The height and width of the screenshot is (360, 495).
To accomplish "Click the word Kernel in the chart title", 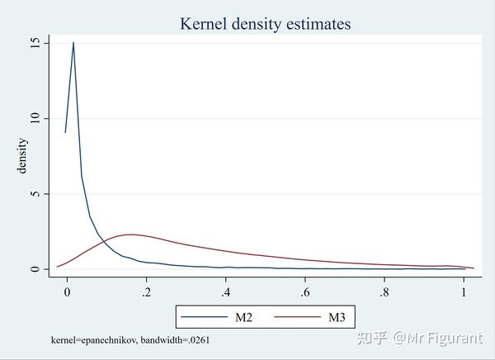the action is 203,24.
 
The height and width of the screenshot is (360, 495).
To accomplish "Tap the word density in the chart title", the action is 256,24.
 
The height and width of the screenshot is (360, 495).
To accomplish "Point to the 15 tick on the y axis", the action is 35,43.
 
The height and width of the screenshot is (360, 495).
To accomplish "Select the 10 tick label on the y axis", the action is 35,119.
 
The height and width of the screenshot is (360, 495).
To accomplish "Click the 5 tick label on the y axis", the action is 35,194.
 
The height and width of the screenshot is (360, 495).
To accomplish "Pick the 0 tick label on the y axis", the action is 35,269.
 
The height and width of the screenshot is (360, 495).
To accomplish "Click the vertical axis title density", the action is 22,156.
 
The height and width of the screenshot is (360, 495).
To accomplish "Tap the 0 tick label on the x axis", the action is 67,292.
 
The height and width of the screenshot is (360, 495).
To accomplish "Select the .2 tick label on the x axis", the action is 146,292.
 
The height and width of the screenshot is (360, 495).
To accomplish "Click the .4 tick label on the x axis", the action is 225,292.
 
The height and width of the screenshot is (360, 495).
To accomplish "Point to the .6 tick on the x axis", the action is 305,292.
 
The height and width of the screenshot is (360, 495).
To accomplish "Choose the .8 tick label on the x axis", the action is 384,292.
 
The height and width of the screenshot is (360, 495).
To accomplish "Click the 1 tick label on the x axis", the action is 464,292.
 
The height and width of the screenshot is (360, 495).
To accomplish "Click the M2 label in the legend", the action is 243,317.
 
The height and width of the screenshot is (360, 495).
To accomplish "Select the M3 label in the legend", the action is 337,317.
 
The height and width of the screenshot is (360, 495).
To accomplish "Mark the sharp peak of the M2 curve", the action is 73,42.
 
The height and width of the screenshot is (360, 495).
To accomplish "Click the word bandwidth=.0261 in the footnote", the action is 175,340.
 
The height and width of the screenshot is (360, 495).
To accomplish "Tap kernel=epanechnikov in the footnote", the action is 94,340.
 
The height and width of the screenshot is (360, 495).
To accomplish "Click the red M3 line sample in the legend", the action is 297,317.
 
